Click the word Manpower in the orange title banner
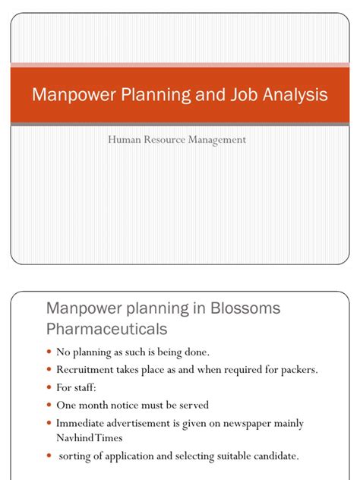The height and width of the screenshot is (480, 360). (x=66, y=96)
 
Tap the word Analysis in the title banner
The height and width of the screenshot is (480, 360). (x=293, y=96)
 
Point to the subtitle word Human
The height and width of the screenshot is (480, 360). (x=125, y=139)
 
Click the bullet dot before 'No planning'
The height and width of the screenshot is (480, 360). (x=50, y=352)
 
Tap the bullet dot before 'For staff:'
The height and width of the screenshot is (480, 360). (x=50, y=387)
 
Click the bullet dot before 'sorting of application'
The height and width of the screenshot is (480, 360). (x=50, y=456)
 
